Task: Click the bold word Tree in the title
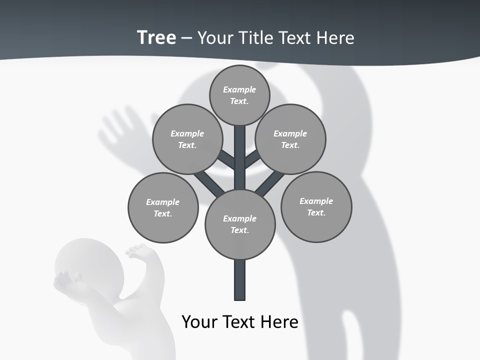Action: click(x=156, y=37)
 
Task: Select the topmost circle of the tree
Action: click(x=239, y=95)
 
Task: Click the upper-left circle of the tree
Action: click(x=187, y=139)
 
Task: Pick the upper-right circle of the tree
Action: click(x=290, y=139)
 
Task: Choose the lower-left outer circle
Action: click(x=163, y=207)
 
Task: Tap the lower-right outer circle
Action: click(x=316, y=206)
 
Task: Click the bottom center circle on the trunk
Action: click(x=240, y=224)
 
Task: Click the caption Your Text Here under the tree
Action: click(x=240, y=321)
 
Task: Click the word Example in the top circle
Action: click(x=239, y=89)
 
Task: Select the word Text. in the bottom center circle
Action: click(x=239, y=230)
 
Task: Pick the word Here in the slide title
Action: click(x=335, y=37)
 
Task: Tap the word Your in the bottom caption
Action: click(x=199, y=321)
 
